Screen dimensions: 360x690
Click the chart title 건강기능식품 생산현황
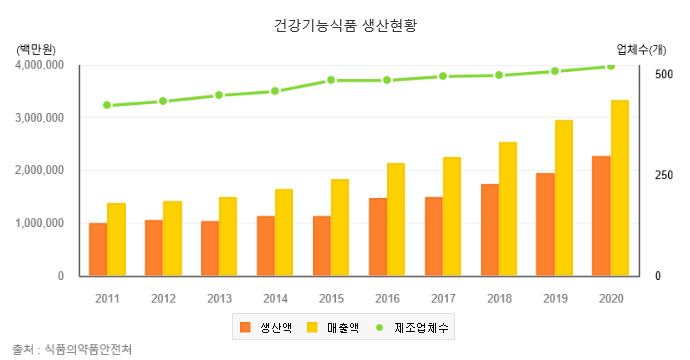click(345, 24)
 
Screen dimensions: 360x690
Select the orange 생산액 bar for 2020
click(601, 215)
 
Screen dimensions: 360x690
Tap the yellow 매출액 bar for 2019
click(564, 198)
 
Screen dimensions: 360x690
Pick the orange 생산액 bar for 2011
click(98, 249)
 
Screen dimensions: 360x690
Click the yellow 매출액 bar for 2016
click(396, 219)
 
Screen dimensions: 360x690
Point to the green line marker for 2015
click(331, 80)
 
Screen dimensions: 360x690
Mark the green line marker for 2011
click(107, 105)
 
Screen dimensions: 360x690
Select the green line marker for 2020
click(611, 66)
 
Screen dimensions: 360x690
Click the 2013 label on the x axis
click(219, 298)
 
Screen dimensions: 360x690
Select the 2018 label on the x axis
click(499, 298)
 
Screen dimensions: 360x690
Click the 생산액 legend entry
click(265, 327)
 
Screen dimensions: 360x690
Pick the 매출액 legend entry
click(332, 327)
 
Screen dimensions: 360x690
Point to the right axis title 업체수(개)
click(642, 48)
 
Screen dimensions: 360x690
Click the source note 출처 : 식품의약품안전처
click(72, 349)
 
